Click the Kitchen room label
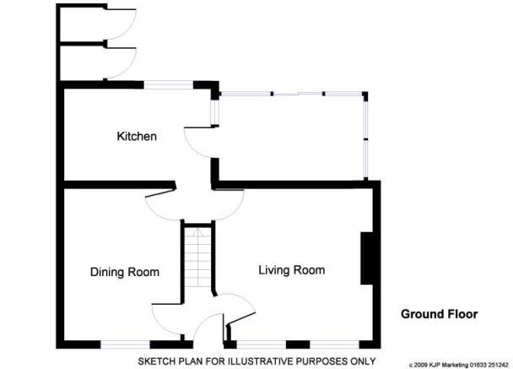coord(137,136)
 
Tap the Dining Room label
coord(125,272)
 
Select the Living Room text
coord(291,270)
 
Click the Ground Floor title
coord(439,314)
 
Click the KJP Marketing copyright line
coord(459,365)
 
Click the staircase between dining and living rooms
coord(197,257)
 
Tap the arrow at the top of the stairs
coord(197,233)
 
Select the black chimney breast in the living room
coord(367,258)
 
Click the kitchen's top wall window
coord(169,85)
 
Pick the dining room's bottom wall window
coord(125,345)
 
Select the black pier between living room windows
coord(298,345)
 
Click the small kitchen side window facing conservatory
coord(214,112)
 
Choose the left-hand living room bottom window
coord(261,345)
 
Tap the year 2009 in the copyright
coord(419,365)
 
